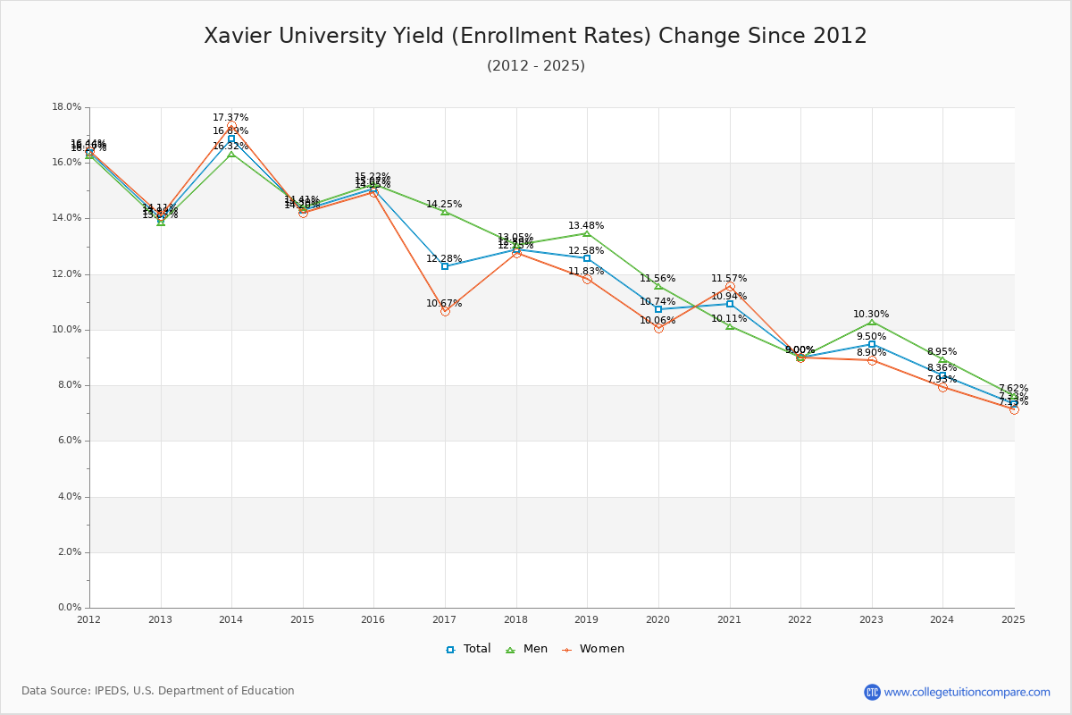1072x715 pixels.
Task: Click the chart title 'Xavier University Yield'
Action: click(535, 36)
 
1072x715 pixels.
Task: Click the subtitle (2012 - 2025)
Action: click(535, 65)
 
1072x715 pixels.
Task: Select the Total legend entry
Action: click(468, 649)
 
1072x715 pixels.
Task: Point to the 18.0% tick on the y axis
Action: click(67, 107)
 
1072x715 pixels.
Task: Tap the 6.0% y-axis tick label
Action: click(67, 441)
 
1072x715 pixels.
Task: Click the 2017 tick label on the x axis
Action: click(444, 618)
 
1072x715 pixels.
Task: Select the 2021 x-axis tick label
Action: click(729, 618)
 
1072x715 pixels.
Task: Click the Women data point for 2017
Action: click(445, 311)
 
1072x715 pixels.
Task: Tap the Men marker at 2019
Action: click(587, 233)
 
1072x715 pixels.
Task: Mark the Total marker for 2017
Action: click(445, 266)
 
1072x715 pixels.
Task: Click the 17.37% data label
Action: click(230, 118)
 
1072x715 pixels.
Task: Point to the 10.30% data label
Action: click(871, 315)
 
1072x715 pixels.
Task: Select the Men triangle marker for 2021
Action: click(730, 326)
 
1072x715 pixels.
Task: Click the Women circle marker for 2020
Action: click(658, 328)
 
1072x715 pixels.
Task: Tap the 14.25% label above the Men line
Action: click(444, 205)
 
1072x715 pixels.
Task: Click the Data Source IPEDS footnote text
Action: click(158, 691)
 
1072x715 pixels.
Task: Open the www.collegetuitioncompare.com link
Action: click(967, 692)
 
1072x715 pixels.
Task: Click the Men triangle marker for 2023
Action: click(872, 322)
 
